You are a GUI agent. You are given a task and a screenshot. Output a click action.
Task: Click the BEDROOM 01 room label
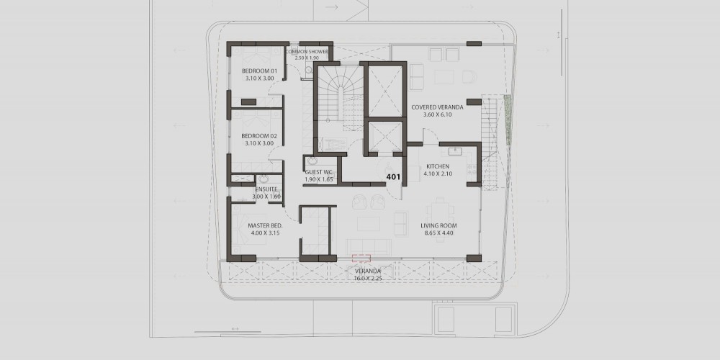pyautogui.click(x=260, y=71)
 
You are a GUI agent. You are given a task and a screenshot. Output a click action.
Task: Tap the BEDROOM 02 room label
pyautogui.click(x=259, y=136)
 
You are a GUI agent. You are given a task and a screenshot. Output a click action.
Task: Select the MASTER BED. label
pyautogui.click(x=265, y=226)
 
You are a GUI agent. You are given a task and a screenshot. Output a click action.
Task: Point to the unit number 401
pyautogui.click(x=394, y=176)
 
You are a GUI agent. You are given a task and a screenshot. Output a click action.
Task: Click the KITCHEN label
pyautogui.click(x=438, y=166)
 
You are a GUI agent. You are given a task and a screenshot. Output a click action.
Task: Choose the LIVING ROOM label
pyautogui.click(x=438, y=226)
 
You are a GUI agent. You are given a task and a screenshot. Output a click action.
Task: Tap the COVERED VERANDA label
pyautogui.click(x=437, y=107)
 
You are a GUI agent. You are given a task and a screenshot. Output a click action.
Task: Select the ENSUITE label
pyautogui.click(x=266, y=189)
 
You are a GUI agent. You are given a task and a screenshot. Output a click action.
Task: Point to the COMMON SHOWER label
pyautogui.click(x=307, y=52)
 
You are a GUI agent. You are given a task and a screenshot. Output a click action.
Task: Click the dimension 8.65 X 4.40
pyautogui.click(x=438, y=233)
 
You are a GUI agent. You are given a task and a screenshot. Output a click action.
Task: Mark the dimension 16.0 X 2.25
pyautogui.click(x=368, y=278)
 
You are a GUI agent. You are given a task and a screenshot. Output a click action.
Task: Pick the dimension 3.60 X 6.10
pyautogui.click(x=437, y=114)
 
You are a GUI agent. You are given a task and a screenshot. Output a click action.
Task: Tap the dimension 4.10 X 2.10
pyautogui.click(x=438, y=174)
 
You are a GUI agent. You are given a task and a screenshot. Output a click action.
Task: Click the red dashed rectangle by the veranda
pyautogui.click(x=361, y=258)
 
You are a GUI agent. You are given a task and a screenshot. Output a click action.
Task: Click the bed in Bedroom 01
pyautogui.click(x=256, y=58)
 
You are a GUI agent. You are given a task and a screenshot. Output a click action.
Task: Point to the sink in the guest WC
pyautogui.click(x=312, y=161)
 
